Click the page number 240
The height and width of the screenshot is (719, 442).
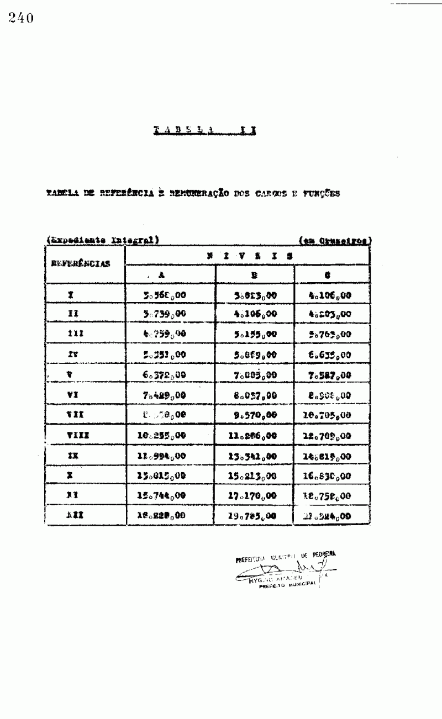(21, 19)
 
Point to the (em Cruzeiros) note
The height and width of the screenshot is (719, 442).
(335, 240)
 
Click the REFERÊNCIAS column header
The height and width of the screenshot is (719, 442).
(81, 263)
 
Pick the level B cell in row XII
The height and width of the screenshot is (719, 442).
(252, 517)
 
